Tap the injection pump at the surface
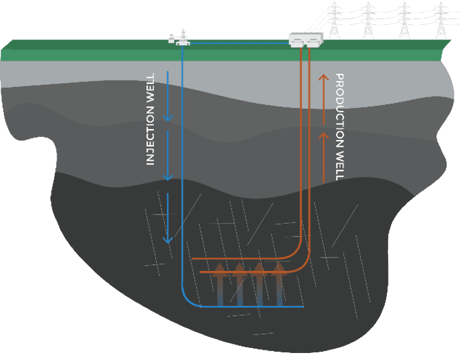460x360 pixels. pyautogui.click(x=179, y=38)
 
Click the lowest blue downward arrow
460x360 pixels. pyautogui.click(x=168, y=219)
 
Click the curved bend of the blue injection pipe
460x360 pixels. pyautogui.click(x=187, y=300)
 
